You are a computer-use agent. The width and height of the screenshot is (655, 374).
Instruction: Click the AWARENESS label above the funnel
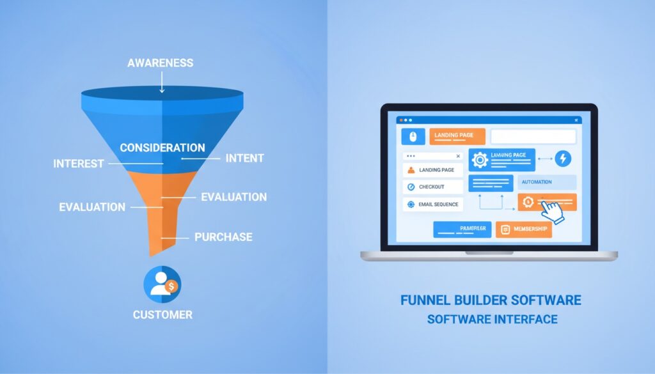tap(160, 63)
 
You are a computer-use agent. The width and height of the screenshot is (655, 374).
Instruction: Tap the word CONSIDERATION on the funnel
tap(162, 148)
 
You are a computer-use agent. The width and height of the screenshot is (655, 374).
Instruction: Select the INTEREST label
tap(79, 164)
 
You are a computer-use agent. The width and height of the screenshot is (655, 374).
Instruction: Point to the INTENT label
tap(245, 157)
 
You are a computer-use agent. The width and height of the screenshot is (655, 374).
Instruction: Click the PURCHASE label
tap(223, 237)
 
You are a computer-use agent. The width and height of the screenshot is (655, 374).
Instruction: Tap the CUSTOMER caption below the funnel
tap(162, 315)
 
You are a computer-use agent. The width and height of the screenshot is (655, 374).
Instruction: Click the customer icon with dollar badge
tap(162, 284)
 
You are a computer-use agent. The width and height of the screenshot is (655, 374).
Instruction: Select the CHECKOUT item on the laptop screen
tap(432, 187)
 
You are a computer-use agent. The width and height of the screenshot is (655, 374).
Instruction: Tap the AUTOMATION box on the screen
tap(535, 182)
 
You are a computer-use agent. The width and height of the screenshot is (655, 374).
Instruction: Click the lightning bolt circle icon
tap(564, 159)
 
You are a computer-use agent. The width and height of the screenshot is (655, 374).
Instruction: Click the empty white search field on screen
tap(533, 136)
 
